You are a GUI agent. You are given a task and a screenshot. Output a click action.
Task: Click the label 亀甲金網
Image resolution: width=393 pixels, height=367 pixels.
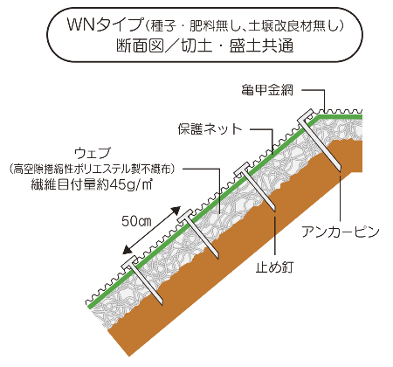pos(267,90)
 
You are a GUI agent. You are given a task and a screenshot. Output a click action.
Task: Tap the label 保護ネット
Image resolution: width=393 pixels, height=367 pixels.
pos(210,129)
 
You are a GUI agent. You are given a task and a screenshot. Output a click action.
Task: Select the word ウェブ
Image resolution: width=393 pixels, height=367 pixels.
pos(93,153)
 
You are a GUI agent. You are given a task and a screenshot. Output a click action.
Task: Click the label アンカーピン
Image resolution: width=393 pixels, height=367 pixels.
pos(341,232)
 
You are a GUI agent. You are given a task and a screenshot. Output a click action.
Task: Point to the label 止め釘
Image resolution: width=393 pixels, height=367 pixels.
pos(274,267)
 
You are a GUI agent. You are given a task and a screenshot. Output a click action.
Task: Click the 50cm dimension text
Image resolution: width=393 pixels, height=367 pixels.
pos(136,221)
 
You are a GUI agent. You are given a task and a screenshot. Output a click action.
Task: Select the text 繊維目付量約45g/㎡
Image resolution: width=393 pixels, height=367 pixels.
pos(92,185)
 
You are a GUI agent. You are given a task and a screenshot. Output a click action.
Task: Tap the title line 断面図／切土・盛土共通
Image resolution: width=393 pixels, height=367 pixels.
pos(204,46)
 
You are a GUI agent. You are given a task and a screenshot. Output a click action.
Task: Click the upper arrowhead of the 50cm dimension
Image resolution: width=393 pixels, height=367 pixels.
pos(176,211)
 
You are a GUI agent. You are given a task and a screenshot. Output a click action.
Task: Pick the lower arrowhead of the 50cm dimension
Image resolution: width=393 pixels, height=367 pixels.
pos(128,251)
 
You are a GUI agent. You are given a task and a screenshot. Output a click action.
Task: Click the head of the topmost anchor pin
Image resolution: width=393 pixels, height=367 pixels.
pos(307,116)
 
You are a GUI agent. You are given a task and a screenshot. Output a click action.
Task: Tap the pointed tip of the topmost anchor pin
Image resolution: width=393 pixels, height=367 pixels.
pos(340,170)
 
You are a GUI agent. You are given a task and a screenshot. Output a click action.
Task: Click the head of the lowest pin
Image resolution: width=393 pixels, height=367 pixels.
pos(129,263)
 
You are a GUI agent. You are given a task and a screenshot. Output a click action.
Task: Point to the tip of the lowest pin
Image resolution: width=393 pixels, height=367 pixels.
pos(162,304)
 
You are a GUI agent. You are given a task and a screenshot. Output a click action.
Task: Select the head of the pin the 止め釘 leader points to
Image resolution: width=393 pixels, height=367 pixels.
pos(244,170)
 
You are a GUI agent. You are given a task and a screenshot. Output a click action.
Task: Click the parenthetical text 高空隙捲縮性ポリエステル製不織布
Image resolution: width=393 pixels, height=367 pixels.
pos(92,170)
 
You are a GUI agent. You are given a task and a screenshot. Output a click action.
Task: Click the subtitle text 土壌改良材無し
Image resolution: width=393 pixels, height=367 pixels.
pos(292,26)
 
